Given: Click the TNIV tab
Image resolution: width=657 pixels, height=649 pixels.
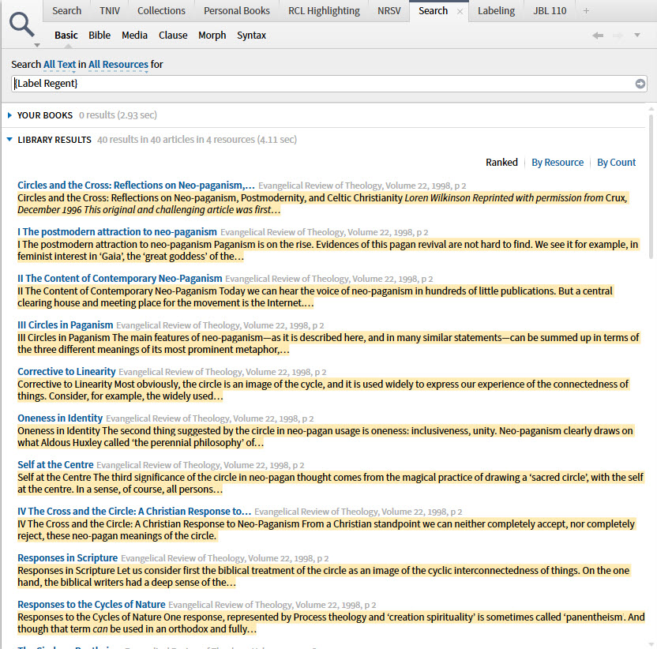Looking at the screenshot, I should pos(110,10).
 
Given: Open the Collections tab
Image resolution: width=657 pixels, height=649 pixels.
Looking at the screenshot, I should pos(161,10).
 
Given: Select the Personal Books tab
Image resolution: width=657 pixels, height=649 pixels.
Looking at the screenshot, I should pos(236,10).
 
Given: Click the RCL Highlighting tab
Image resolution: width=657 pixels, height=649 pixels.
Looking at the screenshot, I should pos(323,10).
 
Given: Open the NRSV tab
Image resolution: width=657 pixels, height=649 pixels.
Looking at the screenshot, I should pos(389,10).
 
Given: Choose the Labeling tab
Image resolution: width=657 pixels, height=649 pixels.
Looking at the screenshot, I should pos(496,10).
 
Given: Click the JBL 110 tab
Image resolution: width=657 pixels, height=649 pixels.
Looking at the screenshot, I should pos(550,10).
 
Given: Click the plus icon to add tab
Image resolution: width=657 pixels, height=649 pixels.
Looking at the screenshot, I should pos(586,11).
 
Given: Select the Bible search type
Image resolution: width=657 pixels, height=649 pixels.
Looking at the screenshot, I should pos(99,35).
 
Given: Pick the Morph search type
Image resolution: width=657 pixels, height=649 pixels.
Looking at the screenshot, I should pos(212,35).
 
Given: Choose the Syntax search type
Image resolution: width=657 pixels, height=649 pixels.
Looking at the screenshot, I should pos(251,35).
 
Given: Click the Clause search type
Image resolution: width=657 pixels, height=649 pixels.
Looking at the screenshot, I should pos(173,35).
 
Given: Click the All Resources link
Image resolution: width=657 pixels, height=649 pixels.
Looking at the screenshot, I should pos(118,65).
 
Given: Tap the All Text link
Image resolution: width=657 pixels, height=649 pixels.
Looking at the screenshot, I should pos(60,65).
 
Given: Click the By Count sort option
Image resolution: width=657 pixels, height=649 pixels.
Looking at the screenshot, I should pos(616,163).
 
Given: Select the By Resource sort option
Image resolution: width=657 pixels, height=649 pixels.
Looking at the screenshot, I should pos(557,163).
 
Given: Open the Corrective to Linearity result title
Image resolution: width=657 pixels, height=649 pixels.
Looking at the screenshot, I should pos(66,371).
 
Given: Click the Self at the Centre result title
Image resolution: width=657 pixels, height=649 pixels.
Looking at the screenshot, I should pos(55,465).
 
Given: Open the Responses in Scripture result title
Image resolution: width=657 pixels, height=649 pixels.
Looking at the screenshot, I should pos(67,558).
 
